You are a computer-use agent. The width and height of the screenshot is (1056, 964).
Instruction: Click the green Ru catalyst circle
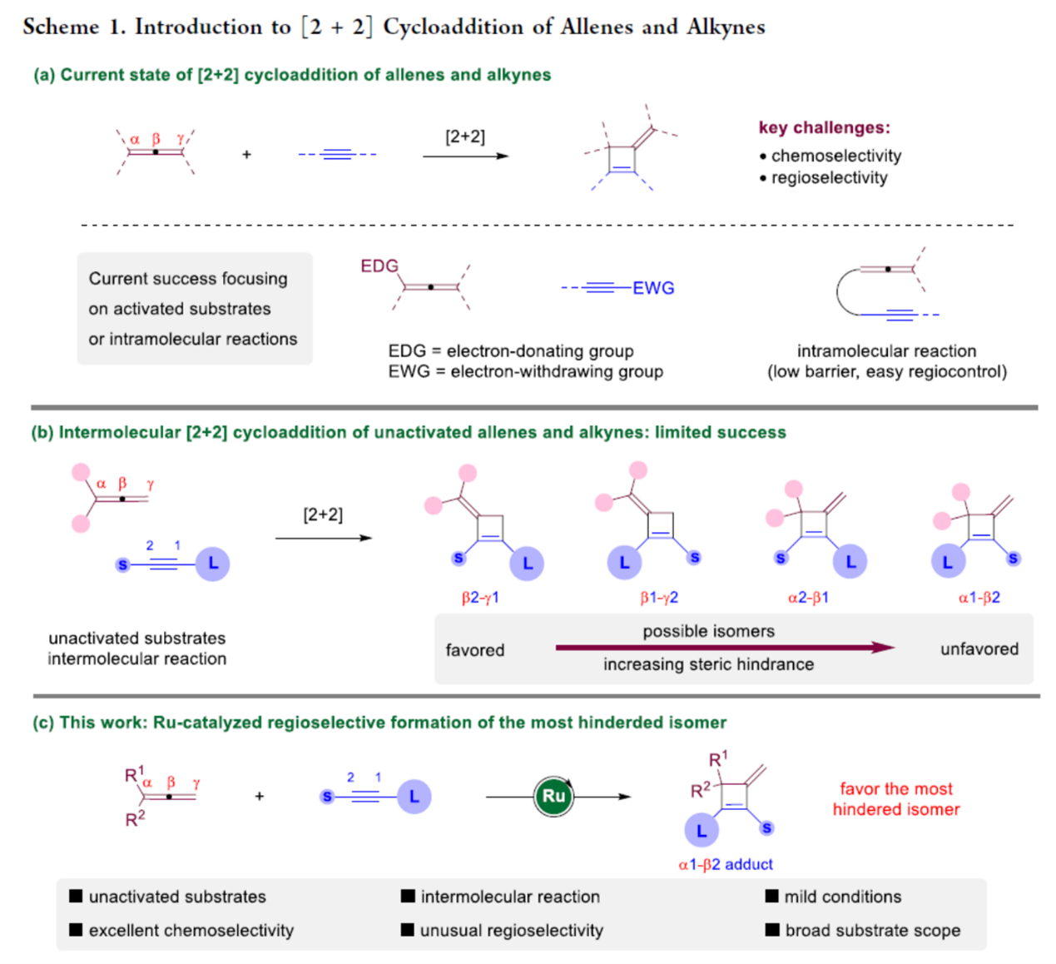[x=553, y=797]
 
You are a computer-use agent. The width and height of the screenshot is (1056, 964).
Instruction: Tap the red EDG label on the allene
[x=379, y=266]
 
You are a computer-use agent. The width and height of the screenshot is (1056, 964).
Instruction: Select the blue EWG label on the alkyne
[x=653, y=288]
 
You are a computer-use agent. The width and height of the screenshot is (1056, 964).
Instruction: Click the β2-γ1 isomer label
[x=480, y=598]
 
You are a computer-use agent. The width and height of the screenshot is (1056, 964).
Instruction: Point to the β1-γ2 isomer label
[x=659, y=598]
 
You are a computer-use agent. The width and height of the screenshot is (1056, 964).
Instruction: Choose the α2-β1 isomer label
[x=808, y=598]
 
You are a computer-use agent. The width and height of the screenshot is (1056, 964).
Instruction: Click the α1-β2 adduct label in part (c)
[x=726, y=864]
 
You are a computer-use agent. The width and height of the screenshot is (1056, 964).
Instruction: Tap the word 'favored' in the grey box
[x=474, y=650]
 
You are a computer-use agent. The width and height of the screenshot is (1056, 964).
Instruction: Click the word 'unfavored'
[x=979, y=649]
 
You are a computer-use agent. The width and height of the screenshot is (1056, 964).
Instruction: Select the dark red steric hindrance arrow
[x=724, y=648]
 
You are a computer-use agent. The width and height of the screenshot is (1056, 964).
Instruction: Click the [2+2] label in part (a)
[x=464, y=137]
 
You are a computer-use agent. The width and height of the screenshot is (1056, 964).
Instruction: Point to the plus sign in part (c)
[x=260, y=797]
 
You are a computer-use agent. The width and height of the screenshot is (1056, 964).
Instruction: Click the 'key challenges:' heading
[x=824, y=127]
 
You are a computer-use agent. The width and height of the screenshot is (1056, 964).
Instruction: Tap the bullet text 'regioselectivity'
[x=829, y=177]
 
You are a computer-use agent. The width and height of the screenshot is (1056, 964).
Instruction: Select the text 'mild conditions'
[x=842, y=897]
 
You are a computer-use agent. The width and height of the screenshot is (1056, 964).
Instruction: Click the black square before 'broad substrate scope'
[x=772, y=929]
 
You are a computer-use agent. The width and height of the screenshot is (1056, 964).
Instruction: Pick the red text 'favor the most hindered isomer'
[x=895, y=799]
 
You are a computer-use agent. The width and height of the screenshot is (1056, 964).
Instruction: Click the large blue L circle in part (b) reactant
[x=213, y=564]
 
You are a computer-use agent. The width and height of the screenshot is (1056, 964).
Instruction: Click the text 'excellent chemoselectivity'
[x=191, y=930]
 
